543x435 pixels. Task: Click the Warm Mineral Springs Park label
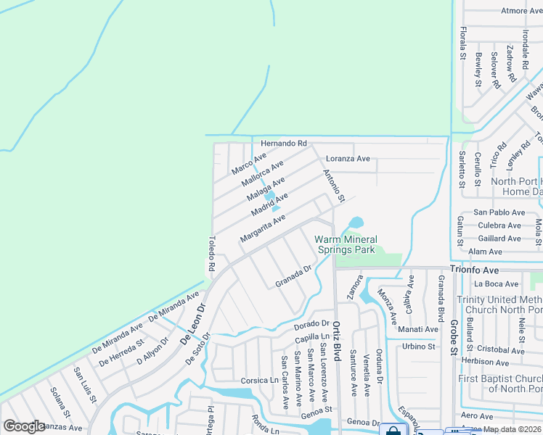coord(345,244)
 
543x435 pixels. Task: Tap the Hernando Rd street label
coord(284,144)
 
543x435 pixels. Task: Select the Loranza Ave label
coord(348,159)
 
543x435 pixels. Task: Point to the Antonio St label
coord(333,185)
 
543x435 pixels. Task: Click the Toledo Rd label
coord(211,254)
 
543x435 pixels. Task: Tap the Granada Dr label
coord(293,276)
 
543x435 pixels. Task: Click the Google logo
coord(24,426)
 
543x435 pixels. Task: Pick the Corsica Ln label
coord(260,380)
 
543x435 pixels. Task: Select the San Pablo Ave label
coord(499,212)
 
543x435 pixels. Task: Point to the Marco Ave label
coord(249,163)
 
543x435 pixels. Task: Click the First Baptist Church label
coord(500,384)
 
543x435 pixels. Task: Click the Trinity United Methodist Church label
coord(499,305)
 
